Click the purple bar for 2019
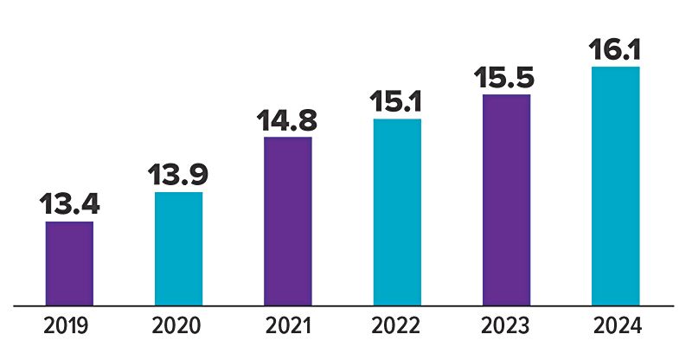(69, 263)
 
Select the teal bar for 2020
(179, 248)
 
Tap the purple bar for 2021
(288, 221)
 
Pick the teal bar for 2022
(397, 212)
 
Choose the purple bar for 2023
(507, 200)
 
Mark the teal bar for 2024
(616, 186)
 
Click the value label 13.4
(69, 203)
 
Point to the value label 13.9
(178, 175)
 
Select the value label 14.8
(287, 119)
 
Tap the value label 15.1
(396, 101)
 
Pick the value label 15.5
(504, 77)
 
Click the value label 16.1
(614, 49)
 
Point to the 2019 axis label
(67, 326)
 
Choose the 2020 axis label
(176, 326)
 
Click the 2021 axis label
(288, 326)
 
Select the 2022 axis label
(395, 326)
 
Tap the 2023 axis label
(505, 326)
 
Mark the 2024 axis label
(618, 326)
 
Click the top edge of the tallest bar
(616, 67)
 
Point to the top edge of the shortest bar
(69, 222)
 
